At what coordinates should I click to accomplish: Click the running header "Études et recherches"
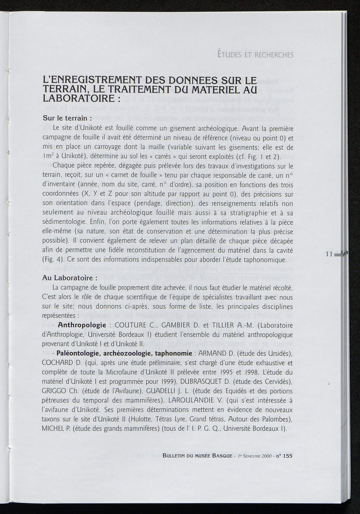[255, 55]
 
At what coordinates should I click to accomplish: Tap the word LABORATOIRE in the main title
[78, 97]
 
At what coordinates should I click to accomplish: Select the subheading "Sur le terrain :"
[67, 118]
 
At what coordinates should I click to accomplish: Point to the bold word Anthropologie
[82, 325]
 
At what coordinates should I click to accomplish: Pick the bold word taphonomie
[173, 353]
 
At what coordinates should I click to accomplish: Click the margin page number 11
[329, 254]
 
